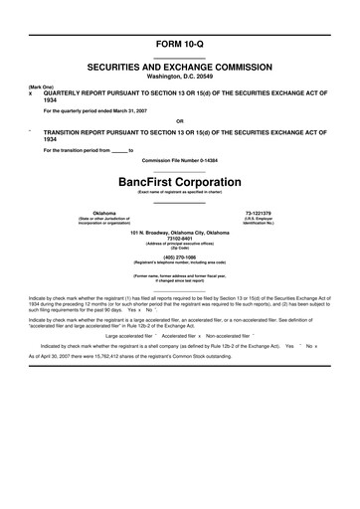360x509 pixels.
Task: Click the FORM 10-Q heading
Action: (x=179, y=45)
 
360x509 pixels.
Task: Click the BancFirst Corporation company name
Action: (x=179, y=182)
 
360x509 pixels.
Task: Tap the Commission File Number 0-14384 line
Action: (x=179, y=160)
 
